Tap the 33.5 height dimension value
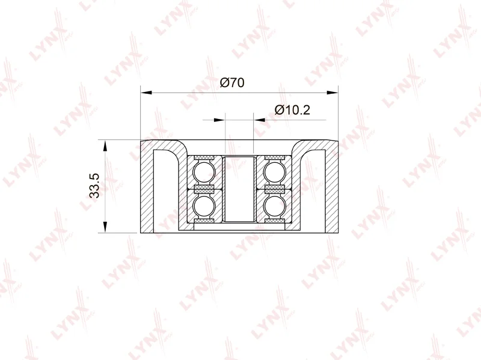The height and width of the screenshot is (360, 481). click(93, 187)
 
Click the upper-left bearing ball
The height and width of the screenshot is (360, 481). click(204, 171)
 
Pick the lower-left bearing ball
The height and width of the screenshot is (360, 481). click(204, 207)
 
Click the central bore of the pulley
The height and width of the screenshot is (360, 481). click(239, 188)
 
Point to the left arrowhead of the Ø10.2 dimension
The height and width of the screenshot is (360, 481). click(219, 120)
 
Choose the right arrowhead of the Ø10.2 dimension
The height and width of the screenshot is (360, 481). click(259, 120)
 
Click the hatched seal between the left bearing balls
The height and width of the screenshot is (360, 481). click(204, 189)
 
